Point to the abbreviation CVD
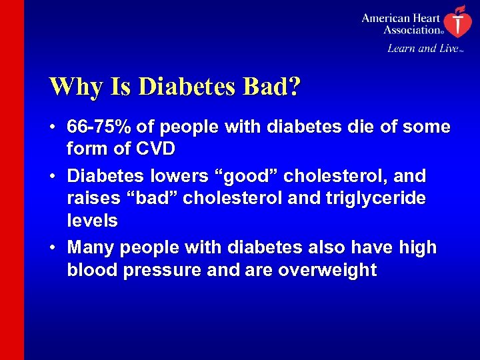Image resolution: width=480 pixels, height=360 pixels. tap(157, 149)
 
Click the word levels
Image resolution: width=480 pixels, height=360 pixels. tap(92, 221)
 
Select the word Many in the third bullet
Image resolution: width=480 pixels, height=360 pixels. tap(90, 247)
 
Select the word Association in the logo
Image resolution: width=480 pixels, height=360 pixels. tap(411, 29)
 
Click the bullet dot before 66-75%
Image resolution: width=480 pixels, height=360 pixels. tap(53, 127)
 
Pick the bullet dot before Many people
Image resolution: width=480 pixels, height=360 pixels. tap(53, 248)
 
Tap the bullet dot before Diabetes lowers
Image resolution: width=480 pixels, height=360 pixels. tap(53, 177)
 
